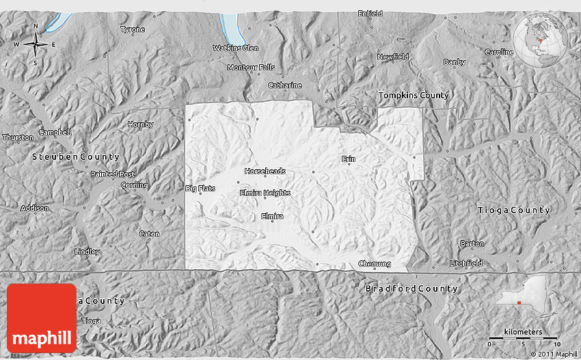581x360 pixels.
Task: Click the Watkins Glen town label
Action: [235, 48]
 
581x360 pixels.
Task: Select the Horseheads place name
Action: [265, 171]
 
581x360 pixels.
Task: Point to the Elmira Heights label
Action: [265, 193]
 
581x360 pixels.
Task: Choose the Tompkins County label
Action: [414, 96]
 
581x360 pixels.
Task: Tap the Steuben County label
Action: [75, 157]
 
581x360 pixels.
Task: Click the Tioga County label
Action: [513, 210]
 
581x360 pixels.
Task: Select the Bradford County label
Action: [411, 288]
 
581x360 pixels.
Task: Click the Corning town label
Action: [134, 185]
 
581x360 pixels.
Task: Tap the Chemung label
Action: [375, 264]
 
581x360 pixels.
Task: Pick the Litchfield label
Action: [466, 263]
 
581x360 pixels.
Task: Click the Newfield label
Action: [392, 57]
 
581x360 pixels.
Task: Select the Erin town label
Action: [349, 158]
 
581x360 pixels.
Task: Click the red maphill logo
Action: [42, 318]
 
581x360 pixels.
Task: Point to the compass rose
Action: [36, 44]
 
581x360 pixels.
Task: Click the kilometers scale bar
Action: [524, 337]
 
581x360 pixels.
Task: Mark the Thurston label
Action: [18, 137]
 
